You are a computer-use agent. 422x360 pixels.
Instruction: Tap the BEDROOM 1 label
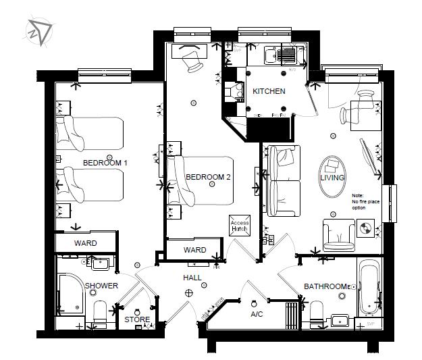pyautogui.click(x=105, y=163)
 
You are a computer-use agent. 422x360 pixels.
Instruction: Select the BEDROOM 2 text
pyautogui.click(x=209, y=177)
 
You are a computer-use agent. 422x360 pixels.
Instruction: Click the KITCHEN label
pyautogui.click(x=269, y=91)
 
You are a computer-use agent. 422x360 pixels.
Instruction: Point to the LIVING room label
pyautogui.click(x=332, y=178)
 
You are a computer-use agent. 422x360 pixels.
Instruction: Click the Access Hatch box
pyautogui.click(x=240, y=226)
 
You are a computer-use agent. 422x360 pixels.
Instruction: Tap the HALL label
pyautogui.click(x=193, y=278)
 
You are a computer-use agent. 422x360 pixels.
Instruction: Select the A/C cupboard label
pyautogui.click(x=257, y=314)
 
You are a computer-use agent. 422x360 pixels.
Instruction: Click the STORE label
pyautogui.click(x=137, y=319)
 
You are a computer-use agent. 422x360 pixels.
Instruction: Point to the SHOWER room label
pyautogui.click(x=101, y=286)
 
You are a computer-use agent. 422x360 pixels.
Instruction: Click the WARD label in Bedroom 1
pyautogui.click(x=85, y=243)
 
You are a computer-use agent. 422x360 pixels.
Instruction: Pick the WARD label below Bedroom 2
pyautogui.click(x=195, y=250)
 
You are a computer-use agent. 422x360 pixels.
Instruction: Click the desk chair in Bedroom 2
pyautogui.click(x=193, y=63)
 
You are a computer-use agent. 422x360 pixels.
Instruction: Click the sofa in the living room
pyautogui.click(x=284, y=180)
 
